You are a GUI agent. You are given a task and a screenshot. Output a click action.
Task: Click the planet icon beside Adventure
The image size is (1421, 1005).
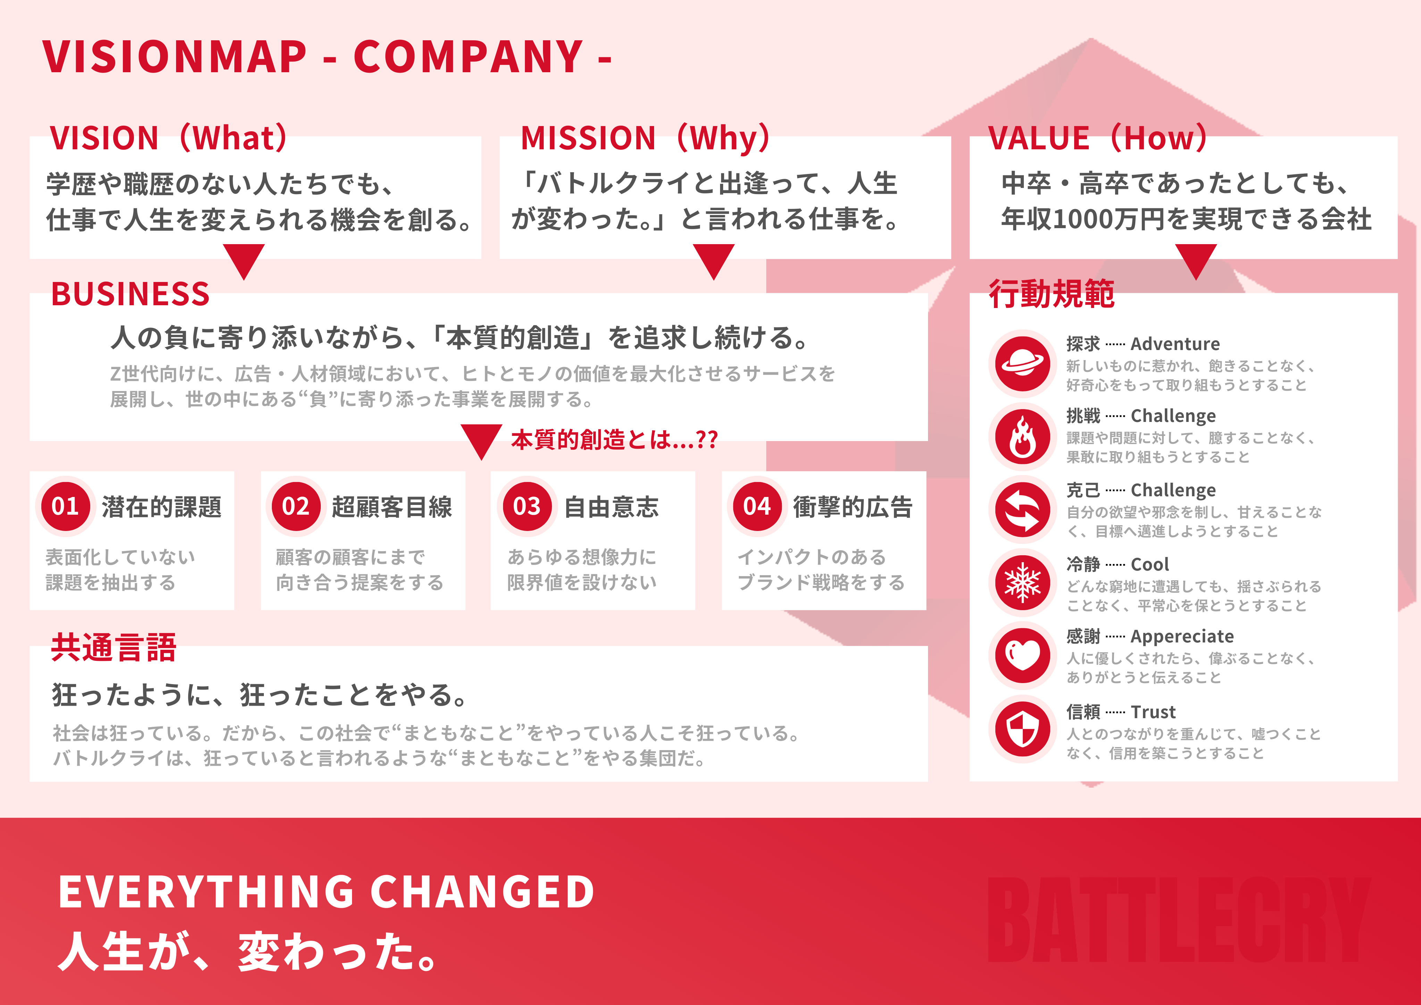[1022, 364]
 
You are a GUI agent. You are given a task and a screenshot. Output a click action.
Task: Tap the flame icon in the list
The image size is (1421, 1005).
[1022, 437]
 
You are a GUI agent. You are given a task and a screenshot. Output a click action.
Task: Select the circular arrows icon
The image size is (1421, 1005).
[1022, 510]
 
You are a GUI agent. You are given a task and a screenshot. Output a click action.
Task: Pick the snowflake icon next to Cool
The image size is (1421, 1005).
[1022, 583]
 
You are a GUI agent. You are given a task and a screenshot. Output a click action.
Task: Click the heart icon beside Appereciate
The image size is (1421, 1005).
[1022, 656]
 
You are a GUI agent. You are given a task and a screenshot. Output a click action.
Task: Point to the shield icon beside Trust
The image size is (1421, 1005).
[1022, 729]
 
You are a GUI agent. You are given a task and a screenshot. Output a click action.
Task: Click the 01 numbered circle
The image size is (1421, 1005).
[66, 507]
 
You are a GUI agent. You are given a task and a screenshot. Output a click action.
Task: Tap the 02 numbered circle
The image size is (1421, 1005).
[296, 507]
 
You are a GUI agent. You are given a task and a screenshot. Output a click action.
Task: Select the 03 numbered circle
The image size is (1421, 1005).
[527, 507]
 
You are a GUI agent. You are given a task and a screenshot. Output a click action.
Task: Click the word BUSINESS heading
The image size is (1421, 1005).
[131, 294]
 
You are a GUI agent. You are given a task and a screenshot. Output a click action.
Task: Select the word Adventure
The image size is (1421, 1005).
[1175, 344]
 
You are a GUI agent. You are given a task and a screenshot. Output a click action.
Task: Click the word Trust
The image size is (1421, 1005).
[1153, 712]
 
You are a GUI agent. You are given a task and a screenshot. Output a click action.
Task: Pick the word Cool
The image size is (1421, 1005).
[1150, 565]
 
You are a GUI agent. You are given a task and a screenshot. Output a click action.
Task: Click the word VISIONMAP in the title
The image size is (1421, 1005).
[175, 57]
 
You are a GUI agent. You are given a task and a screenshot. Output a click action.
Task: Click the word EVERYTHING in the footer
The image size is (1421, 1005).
[207, 892]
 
